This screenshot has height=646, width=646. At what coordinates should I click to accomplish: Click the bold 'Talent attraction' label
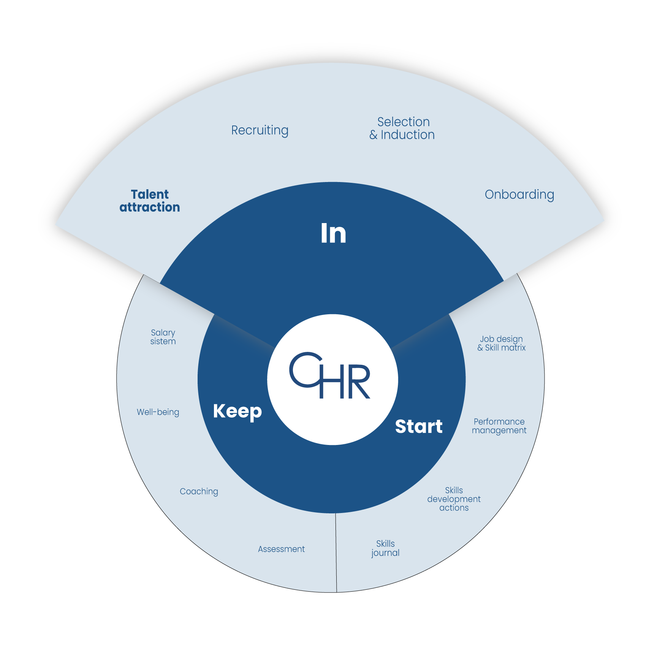[x=150, y=201]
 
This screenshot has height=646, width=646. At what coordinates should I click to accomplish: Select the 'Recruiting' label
[x=260, y=130]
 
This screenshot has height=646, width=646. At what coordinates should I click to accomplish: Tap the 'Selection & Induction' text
[x=402, y=128]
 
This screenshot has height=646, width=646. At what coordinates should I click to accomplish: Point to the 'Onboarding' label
[x=519, y=195]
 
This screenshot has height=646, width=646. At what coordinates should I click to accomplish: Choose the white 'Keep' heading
[x=237, y=412]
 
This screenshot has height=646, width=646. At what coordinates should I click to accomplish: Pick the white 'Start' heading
[x=419, y=426]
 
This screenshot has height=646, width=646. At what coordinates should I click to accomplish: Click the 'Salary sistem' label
[x=163, y=337]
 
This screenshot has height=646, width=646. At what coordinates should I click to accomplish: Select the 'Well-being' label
[x=158, y=412]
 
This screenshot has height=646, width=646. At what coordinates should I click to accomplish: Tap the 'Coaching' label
[x=199, y=492]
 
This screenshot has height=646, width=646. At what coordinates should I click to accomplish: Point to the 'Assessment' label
[x=281, y=549]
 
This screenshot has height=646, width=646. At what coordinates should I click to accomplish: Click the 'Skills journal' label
[x=385, y=548]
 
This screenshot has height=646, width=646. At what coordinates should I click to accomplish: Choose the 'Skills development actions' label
[x=454, y=499]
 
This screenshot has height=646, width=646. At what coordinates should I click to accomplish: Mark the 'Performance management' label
[x=499, y=426]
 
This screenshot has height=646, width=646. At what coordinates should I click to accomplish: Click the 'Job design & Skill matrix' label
[x=501, y=343]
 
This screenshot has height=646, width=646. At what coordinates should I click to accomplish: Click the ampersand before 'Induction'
[x=374, y=135]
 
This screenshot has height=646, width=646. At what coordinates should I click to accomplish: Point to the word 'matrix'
[x=513, y=348]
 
